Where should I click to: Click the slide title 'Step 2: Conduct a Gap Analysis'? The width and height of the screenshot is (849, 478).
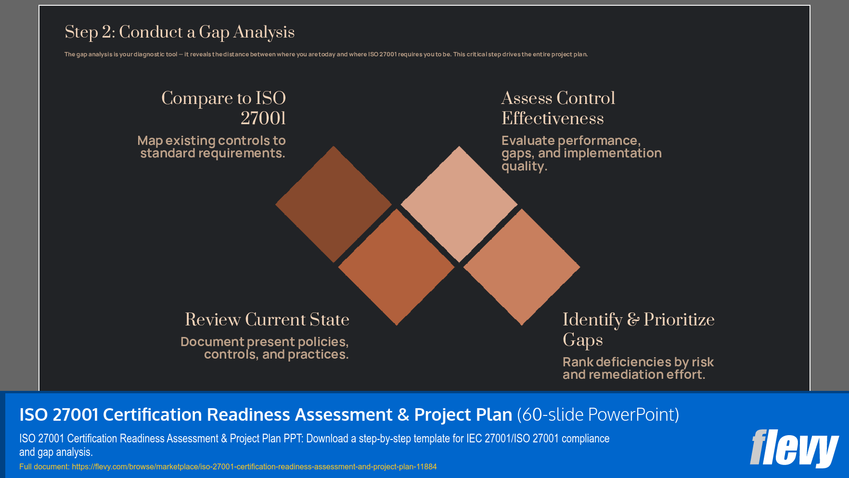coord(180,32)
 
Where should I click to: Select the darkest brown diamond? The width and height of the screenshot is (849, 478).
coord(334,204)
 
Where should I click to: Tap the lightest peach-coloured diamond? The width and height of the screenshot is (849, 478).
coord(459,204)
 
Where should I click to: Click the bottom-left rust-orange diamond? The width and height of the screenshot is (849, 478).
coord(396,267)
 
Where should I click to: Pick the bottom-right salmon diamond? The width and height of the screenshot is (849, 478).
coord(522,267)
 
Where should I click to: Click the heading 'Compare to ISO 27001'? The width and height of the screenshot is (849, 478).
coord(224,108)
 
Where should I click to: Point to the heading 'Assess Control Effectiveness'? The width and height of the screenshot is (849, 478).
coord(558,108)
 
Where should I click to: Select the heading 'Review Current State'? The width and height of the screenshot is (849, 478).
coord(267,320)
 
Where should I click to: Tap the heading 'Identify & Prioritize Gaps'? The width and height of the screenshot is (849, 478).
coord(638,329)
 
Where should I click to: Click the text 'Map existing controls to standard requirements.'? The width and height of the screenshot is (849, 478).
coord(212,147)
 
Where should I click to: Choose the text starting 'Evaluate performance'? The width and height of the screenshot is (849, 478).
coord(581,153)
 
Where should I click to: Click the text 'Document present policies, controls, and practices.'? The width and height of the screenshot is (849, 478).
coord(265,348)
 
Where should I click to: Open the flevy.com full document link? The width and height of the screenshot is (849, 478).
coord(254,466)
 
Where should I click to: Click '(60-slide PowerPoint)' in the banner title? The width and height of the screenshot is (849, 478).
coord(598,414)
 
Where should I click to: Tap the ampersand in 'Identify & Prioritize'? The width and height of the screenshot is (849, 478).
coord(633,320)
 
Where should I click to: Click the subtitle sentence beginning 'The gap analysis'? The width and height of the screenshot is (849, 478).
coord(326,54)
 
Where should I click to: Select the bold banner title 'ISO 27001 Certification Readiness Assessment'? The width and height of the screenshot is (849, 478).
coord(265,414)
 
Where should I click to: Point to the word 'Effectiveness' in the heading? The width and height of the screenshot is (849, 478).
coord(553,118)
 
